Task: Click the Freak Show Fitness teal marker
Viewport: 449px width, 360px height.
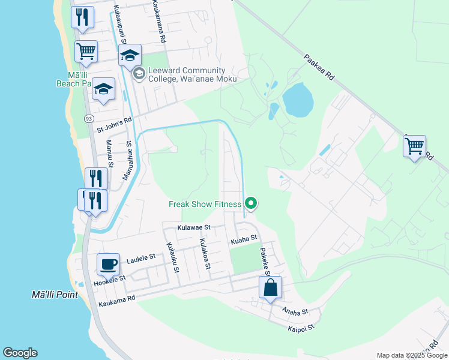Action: (252, 204)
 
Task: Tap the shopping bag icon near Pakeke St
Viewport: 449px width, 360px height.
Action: (270, 287)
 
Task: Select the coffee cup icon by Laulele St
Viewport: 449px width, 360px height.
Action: (108, 264)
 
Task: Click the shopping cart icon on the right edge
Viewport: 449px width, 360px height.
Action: (414, 146)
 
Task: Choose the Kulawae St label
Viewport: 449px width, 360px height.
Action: (194, 228)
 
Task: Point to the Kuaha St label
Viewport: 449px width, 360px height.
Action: (244, 241)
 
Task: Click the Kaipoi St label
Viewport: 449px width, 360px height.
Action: (301, 329)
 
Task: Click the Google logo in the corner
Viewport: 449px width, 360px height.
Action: (20, 353)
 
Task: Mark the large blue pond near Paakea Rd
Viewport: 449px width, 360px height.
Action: (298, 100)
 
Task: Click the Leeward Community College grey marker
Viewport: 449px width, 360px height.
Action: (139, 74)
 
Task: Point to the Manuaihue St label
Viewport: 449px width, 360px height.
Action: (128, 161)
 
